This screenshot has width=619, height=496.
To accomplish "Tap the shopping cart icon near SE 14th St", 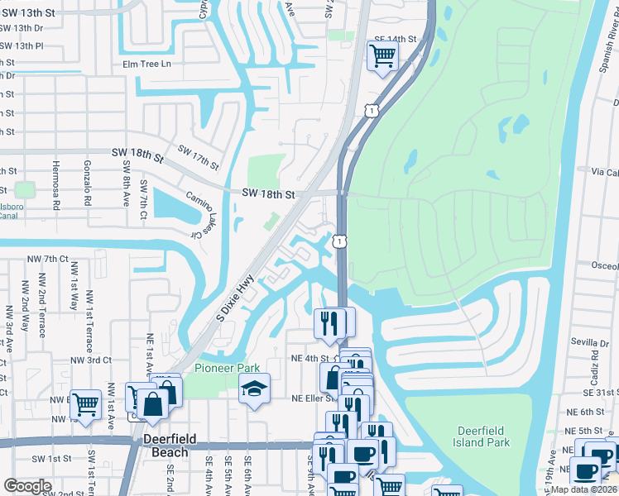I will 382,56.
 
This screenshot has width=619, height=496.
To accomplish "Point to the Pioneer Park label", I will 228,368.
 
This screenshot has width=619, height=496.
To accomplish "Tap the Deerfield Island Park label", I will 495,436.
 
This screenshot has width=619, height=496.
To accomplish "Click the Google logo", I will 27,486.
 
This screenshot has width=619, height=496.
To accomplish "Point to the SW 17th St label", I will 199,160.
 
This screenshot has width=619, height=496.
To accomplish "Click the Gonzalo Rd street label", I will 86,184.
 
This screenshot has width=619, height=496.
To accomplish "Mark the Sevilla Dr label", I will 588,341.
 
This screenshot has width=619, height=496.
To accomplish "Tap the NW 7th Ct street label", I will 45,259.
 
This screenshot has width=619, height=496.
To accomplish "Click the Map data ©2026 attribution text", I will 587,489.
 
